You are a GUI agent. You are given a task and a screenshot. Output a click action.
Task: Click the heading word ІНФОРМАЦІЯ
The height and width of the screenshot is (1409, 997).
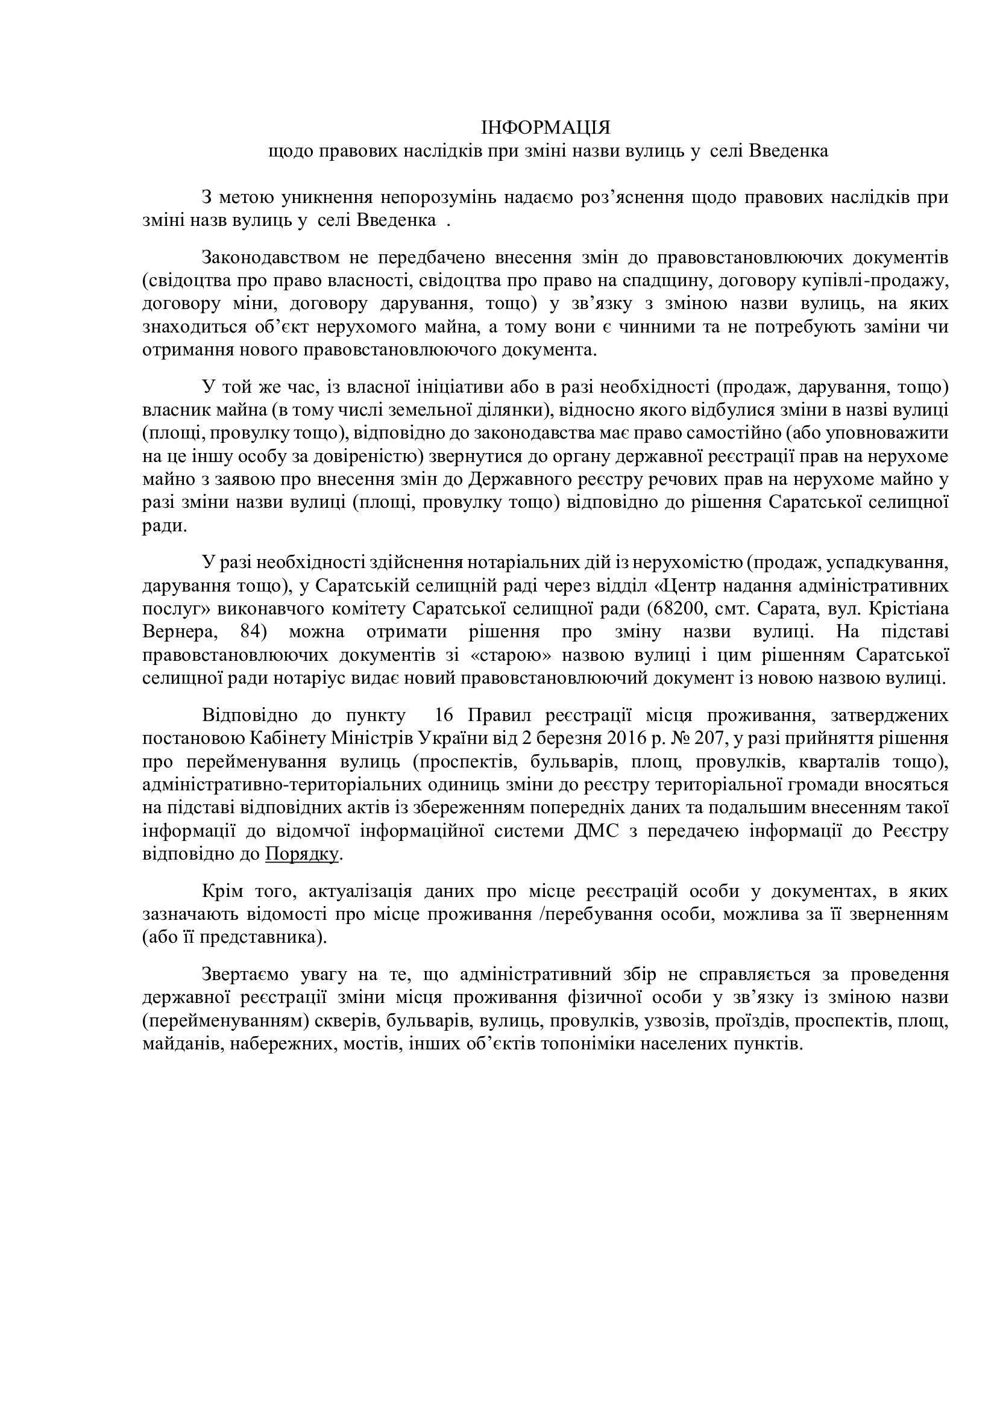click(x=545, y=128)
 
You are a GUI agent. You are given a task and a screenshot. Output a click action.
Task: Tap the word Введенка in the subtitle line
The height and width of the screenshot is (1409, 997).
click(x=788, y=151)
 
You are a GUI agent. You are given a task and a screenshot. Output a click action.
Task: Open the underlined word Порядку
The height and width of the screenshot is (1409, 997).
click(x=302, y=854)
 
